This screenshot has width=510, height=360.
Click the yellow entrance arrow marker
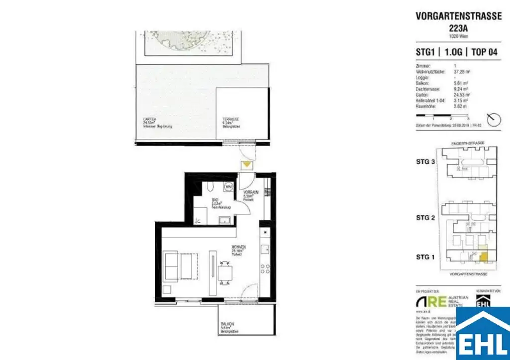tap(247, 165)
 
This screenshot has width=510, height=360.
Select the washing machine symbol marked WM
tap(229, 186)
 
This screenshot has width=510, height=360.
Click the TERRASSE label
tap(231, 120)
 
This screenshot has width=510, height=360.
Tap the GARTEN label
tap(150, 120)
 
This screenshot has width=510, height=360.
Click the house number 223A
tap(458, 28)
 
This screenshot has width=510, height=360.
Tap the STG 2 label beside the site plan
tap(426, 218)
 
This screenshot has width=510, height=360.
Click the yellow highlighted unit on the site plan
tap(483, 254)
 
